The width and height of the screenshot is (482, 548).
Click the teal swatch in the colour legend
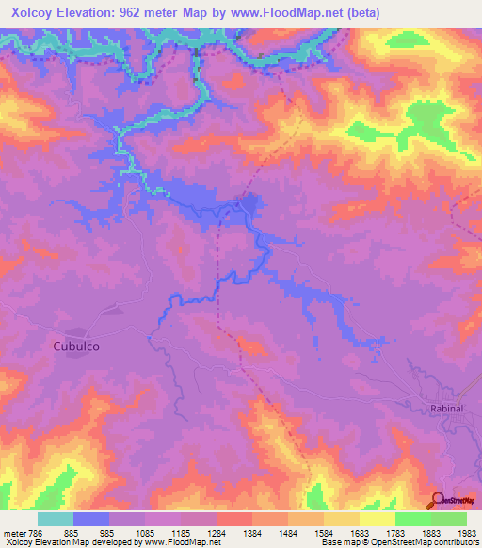point(56,519)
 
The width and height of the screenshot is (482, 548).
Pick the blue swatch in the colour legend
point(91,519)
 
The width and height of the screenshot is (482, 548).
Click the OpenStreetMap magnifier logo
point(437,501)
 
